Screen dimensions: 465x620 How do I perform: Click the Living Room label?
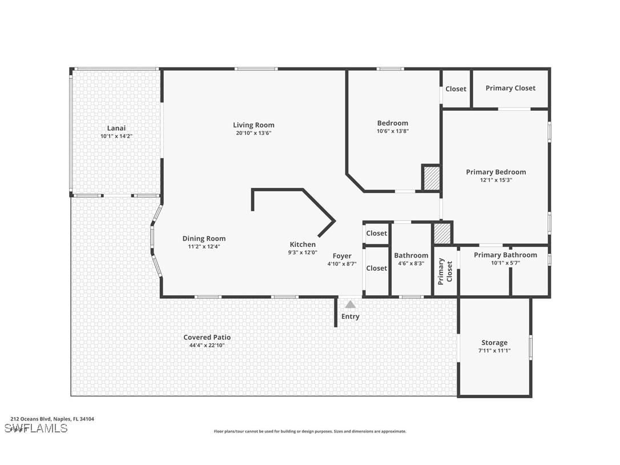[x=253, y=125]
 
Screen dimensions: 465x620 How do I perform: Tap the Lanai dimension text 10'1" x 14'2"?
[x=116, y=137]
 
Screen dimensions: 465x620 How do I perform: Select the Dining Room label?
[x=204, y=239]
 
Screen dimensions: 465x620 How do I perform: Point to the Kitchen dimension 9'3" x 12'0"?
[x=303, y=252]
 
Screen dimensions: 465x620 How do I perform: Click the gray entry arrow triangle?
[x=350, y=304]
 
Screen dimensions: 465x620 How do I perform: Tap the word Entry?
[x=351, y=316]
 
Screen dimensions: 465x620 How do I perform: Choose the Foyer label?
[x=342, y=256]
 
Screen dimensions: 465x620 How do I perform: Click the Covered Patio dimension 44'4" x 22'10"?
[x=207, y=346]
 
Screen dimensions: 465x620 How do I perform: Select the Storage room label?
[x=494, y=343]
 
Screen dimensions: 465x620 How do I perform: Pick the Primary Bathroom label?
[x=505, y=255]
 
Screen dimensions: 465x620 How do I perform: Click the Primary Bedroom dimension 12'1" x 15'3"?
[x=496, y=180]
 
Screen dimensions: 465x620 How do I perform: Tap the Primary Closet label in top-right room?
[x=510, y=88]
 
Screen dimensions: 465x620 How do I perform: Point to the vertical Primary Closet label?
[x=445, y=270]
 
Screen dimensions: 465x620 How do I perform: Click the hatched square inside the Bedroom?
[x=431, y=178]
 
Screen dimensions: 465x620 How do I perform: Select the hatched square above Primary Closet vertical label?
[x=442, y=233]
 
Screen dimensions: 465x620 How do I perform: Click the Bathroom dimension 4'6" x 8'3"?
[x=411, y=264]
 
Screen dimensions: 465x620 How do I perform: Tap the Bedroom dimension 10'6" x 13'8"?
[x=392, y=131]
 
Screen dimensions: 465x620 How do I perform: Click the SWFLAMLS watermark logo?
[x=35, y=428]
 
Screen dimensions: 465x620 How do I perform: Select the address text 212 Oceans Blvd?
[x=53, y=419]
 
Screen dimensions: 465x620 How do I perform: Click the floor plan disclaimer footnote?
[x=310, y=431]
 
